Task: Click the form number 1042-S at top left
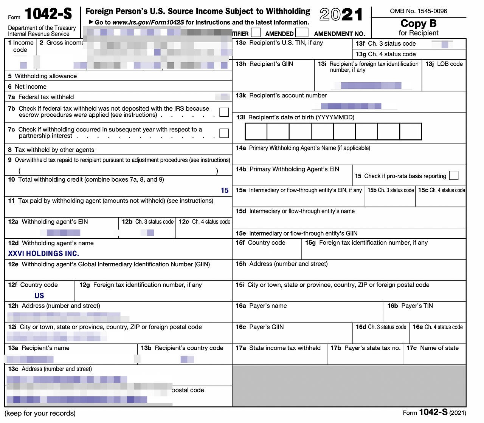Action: [x=48, y=14]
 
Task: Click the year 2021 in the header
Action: [x=341, y=15]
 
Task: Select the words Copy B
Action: [x=418, y=23]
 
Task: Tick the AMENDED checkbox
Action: [x=301, y=32]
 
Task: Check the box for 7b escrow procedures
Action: [x=224, y=112]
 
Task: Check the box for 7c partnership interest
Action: [x=224, y=133]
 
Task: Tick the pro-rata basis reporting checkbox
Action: [x=454, y=176]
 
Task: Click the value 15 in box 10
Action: [x=225, y=191]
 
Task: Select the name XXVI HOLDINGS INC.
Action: [x=43, y=254]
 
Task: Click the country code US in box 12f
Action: [x=39, y=296]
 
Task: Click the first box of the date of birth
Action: [x=256, y=132]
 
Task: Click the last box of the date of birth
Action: [x=410, y=132]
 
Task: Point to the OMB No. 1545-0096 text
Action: [x=418, y=11]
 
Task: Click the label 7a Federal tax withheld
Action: [x=41, y=97]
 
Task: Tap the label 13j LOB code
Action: [x=444, y=64]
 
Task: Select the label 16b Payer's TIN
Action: [x=410, y=306]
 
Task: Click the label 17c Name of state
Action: [x=433, y=348]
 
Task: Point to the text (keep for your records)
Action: [x=40, y=413]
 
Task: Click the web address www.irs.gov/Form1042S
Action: [x=148, y=23]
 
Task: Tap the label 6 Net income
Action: [x=27, y=86]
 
